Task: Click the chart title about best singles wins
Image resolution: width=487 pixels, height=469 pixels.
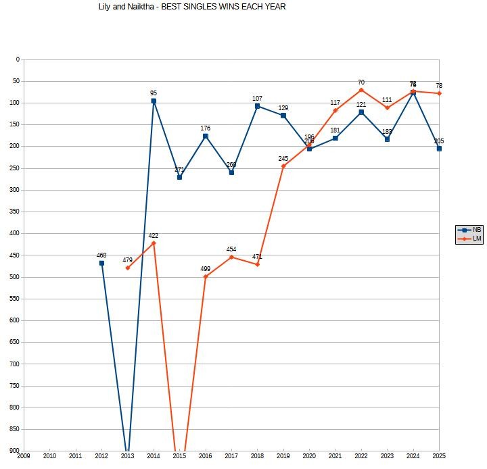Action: [192, 7]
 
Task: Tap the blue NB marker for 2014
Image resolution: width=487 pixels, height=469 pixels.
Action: [154, 101]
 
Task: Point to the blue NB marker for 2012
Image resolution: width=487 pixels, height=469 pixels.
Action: [101, 263]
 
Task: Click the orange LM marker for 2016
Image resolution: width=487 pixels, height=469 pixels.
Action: [206, 276]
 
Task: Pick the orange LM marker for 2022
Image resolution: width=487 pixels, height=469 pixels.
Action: [361, 90]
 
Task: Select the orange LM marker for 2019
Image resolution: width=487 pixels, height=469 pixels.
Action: [283, 166]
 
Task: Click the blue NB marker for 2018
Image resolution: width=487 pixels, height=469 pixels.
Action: [258, 106]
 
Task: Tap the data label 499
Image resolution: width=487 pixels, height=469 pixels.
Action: [206, 269]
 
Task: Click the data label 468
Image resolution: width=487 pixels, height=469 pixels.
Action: [101, 255]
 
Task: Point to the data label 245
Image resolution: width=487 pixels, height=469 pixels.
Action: [283, 159]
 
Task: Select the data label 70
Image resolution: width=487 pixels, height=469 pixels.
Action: [361, 82]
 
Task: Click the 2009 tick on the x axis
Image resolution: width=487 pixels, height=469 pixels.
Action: [24, 456]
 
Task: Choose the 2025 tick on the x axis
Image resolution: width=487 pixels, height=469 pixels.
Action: [439, 456]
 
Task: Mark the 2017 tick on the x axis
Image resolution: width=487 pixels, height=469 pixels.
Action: [231, 456]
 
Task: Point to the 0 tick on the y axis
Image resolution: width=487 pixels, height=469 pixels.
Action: [18, 59]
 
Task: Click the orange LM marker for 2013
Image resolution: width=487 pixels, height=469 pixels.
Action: [128, 268]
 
